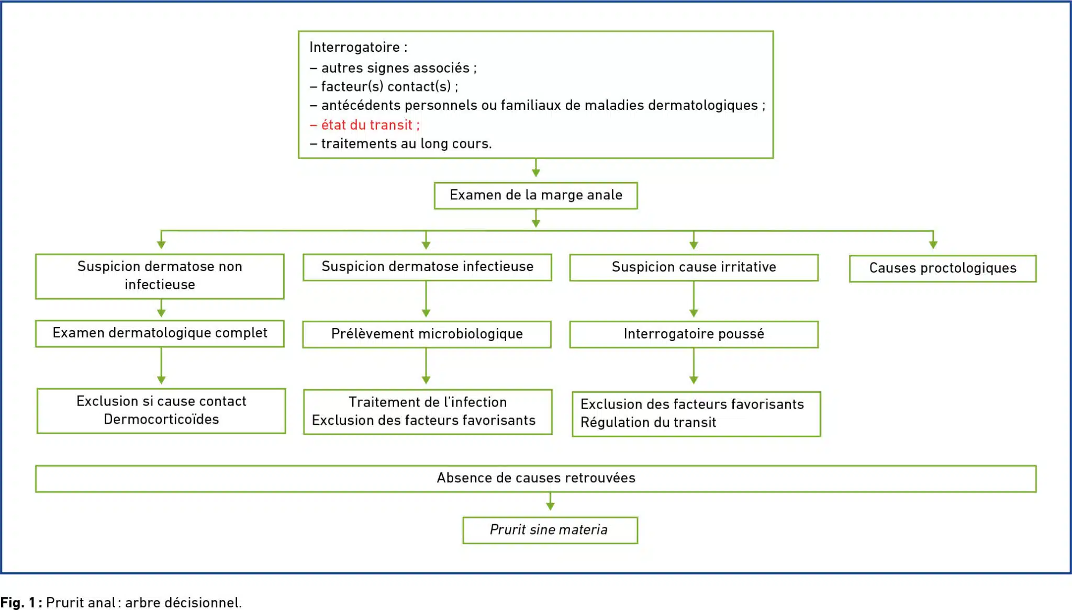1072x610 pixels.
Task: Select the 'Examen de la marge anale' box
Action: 536,196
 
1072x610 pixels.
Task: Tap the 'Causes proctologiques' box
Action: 943,268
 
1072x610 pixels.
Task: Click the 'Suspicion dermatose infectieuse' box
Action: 427,267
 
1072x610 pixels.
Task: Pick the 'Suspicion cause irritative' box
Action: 694,267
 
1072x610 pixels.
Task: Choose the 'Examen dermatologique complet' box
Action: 160,334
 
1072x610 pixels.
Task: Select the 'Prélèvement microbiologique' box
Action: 427,334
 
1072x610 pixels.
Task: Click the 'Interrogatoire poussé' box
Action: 694,334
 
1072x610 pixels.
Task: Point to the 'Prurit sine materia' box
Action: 550,530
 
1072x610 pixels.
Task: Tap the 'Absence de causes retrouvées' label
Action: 536,478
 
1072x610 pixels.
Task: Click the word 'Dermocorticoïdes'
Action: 161,419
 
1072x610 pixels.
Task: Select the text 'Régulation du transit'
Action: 648,422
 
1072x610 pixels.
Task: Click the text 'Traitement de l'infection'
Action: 428,402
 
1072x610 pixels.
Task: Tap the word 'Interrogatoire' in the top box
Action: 354,47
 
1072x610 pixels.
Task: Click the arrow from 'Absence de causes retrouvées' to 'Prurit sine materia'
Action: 550,501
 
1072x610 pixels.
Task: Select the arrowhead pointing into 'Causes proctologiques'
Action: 933,244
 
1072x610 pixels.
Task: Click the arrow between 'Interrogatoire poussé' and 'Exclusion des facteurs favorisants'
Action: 694,366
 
